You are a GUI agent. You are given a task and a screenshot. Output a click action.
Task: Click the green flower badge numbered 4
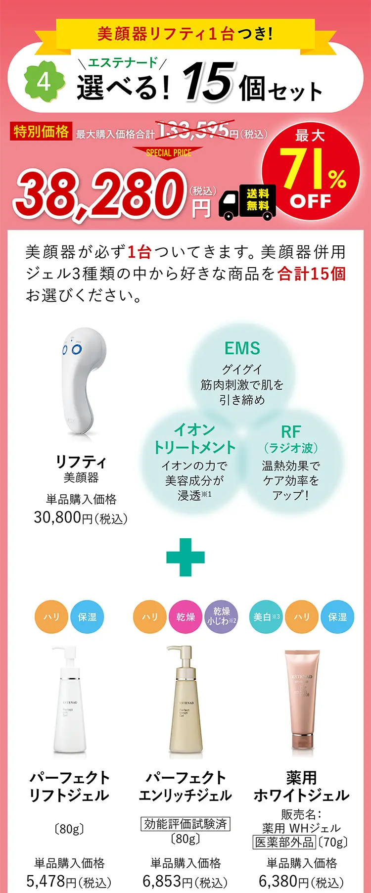click(x=45, y=81)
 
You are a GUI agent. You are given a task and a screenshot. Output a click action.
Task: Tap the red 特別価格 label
click(x=41, y=131)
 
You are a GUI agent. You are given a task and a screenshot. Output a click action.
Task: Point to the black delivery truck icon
click(x=247, y=202)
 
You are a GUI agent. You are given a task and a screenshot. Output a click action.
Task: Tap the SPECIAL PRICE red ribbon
click(x=168, y=153)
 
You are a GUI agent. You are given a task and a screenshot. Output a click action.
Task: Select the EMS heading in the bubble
click(x=242, y=348)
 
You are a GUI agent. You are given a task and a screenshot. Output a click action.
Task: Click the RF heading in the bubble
click(x=291, y=432)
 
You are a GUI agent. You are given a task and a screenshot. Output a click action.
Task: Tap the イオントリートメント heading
click(x=194, y=439)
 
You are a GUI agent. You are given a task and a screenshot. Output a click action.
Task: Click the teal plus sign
click(x=185, y=557)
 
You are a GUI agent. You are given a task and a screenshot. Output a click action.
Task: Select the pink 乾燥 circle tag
click(x=185, y=617)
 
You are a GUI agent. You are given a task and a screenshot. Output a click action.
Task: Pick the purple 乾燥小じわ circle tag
click(x=221, y=616)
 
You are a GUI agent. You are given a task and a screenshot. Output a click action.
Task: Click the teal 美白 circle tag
click(x=267, y=617)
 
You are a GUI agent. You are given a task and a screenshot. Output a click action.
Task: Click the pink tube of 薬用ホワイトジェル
click(x=301, y=698)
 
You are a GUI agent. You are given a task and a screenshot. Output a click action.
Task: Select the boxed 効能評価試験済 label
click(x=185, y=824)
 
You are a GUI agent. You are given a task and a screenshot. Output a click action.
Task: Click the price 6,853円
click(x=185, y=881)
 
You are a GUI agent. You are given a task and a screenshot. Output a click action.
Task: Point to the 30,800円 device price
click(x=81, y=517)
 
